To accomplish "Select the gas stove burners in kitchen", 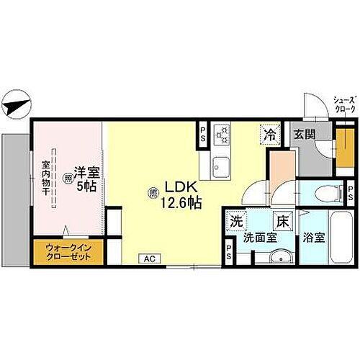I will (x=222, y=132).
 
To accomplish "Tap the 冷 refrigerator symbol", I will (x=269, y=134).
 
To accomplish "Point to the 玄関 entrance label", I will (x=303, y=134).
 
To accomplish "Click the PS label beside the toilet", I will (x=351, y=192).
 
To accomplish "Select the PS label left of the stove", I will (x=203, y=133).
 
